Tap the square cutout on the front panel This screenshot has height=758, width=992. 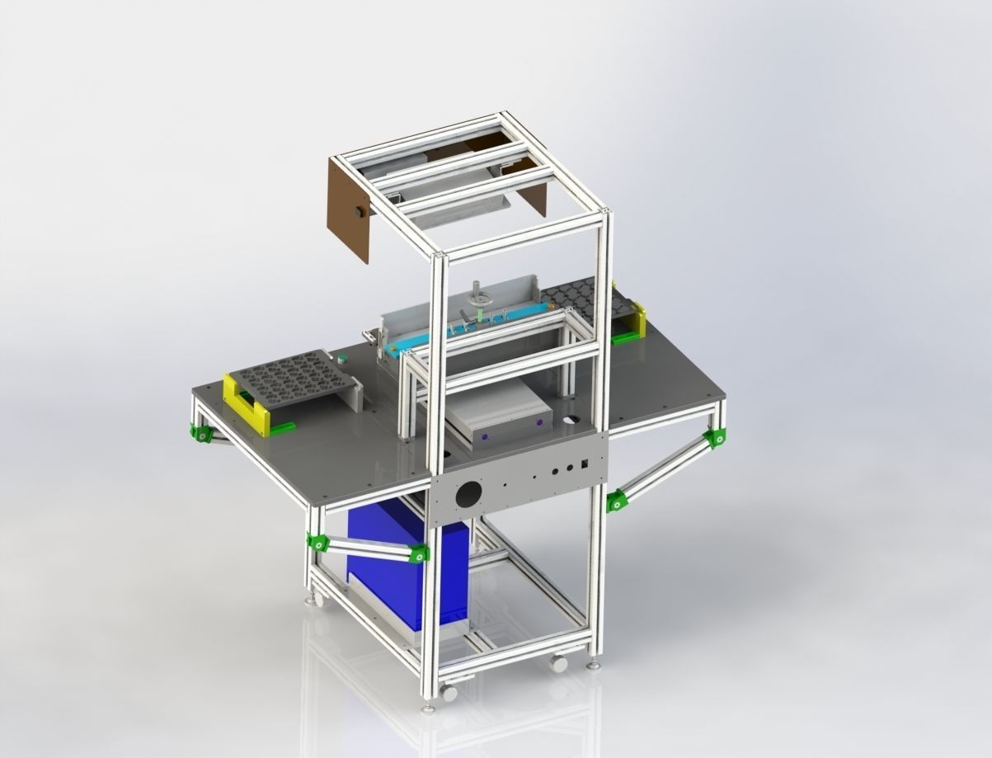[584, 464]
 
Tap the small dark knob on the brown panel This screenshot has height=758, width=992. [360, 212]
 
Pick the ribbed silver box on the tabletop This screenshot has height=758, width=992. [499, 412]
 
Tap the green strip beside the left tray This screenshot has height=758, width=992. [283, 426]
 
